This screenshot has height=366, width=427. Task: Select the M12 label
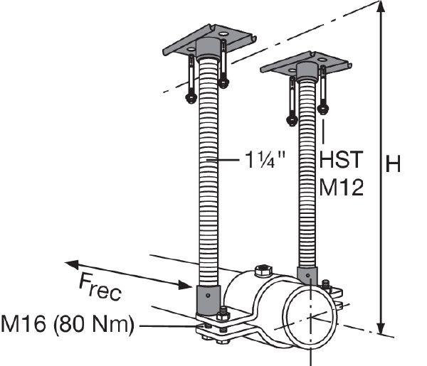tap(341, 187)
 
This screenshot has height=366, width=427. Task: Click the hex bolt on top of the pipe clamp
tap(261, 270)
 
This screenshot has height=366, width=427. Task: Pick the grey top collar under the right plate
tap(307, 71)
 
